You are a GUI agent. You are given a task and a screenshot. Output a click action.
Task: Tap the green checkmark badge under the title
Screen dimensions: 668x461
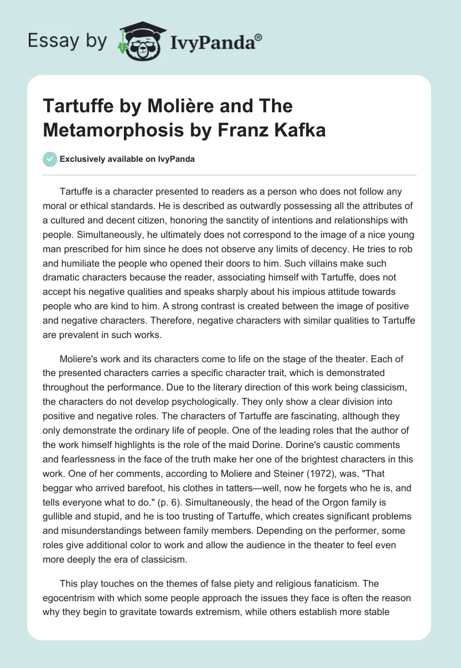coord(50,159)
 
